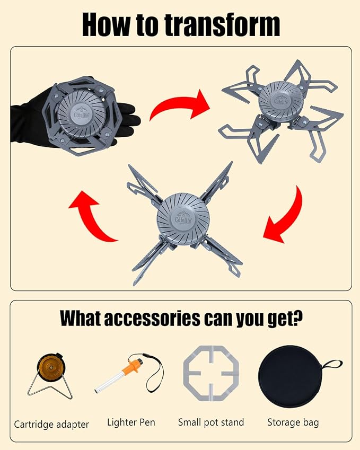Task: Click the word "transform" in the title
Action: click(x=222, y=25)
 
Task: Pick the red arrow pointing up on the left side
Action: click(x=91, y=216)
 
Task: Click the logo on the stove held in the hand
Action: click(x=82, y=112)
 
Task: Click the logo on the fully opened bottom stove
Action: click(x=183, y=217)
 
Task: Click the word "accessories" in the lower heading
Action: click(x=152, y=318)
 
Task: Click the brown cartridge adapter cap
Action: click(x=50, y=368)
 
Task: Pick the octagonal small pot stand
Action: click(x=211, y=373)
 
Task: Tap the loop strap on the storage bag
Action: click(x=333, y=365)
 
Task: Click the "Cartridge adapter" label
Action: click(x=51, y=425)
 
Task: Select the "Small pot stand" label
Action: click(x=211, y=422)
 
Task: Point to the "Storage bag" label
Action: click(x=293, y=423)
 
